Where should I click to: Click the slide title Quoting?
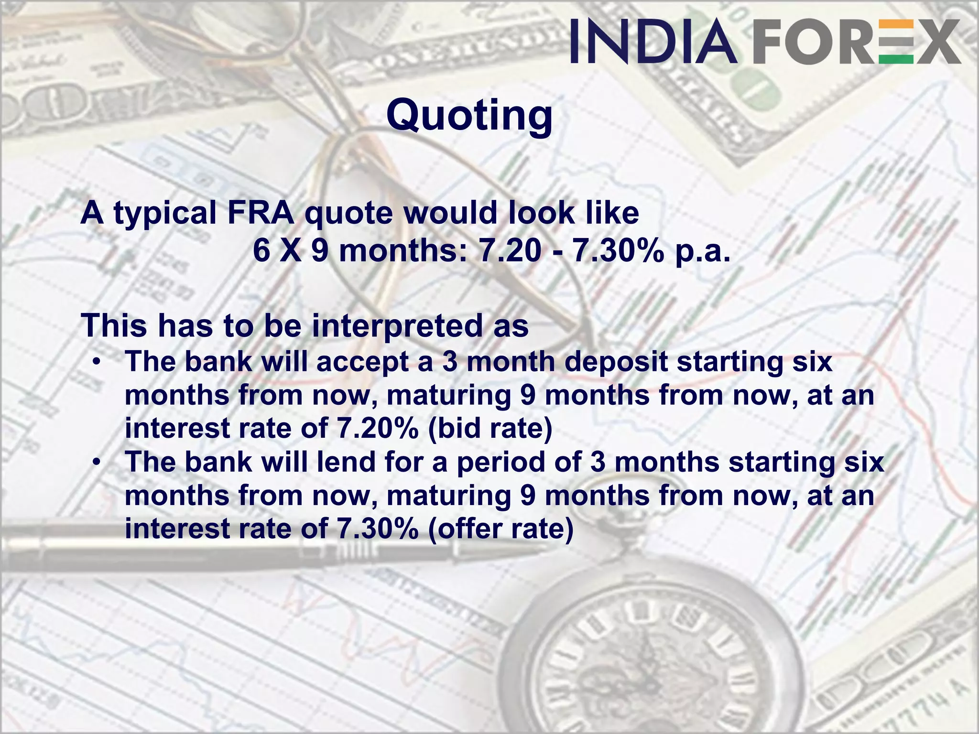coord(469,116)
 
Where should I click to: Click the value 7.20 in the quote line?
coord(510,250)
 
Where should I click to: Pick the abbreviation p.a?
coord(703,250)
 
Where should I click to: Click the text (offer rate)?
coord(500,529)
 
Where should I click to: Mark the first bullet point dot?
coord(97,362)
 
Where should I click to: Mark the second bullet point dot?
coord(97,462)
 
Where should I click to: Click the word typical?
coord(165,214)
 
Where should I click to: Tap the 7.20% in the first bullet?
coord(378,428)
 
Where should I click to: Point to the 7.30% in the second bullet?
coord(378,529)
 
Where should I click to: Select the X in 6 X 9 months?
coord(291,250)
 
